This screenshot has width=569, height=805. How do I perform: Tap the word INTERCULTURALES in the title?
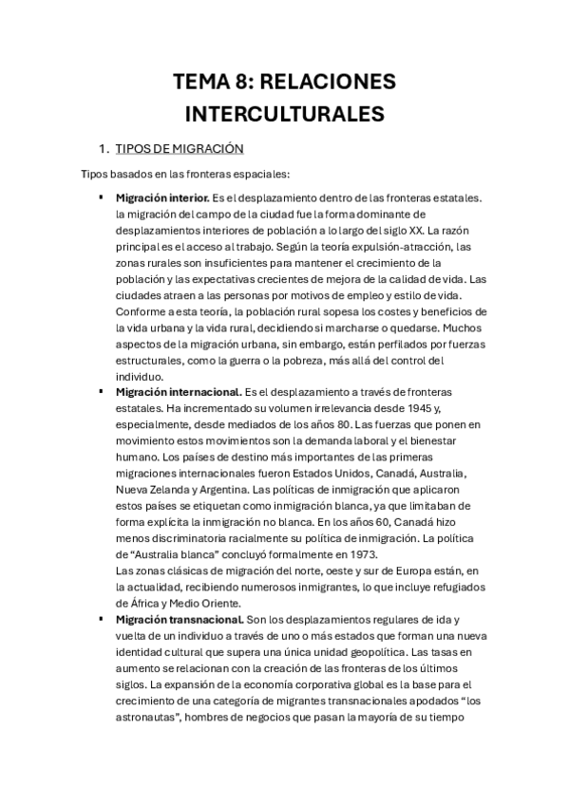click(284, 115)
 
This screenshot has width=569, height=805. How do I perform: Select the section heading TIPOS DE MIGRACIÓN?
click(180, 149)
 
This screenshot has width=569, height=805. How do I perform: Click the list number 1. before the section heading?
click(104, 149)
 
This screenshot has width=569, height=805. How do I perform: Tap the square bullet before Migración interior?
click(101, 197)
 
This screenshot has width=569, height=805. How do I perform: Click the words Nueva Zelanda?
click(148, 490)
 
